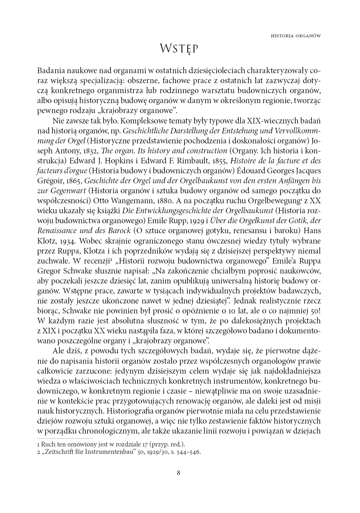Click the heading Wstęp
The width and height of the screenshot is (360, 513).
click(179, 49)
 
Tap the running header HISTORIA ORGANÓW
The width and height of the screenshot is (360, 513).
click(295, 36)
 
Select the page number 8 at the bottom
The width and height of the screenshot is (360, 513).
click(179, 472)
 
